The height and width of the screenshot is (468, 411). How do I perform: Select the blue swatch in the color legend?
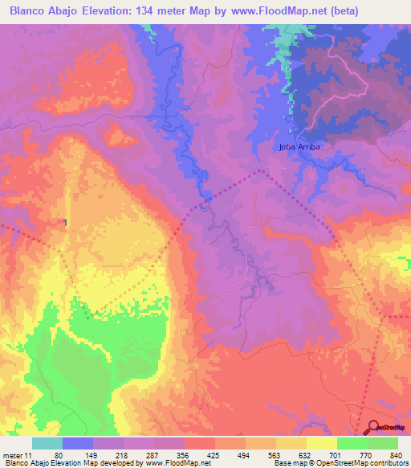(78, 443)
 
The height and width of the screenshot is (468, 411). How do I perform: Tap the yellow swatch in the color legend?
(321, 443)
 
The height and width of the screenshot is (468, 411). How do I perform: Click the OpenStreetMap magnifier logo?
(375, 428)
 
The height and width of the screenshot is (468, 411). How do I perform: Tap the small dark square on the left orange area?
(66, 223)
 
